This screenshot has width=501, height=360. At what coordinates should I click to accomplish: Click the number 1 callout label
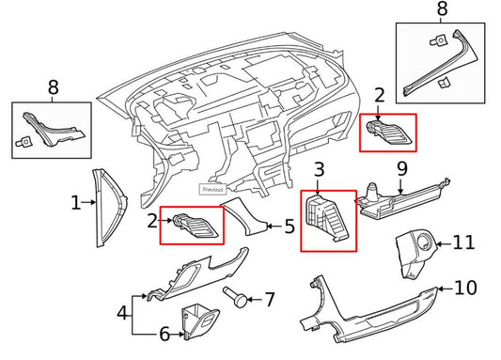pos(76,202)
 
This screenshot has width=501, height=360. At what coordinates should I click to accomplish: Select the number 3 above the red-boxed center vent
pos(319,171)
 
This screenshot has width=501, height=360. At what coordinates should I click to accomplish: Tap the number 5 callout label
pos(290,226)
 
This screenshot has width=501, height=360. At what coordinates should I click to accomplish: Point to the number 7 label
pos(271,301)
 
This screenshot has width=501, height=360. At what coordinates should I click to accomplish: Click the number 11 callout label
pos(464,243)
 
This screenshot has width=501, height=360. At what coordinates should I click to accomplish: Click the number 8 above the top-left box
pos(53,89)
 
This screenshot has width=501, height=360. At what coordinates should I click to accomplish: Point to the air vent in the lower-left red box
pos(192,226)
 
